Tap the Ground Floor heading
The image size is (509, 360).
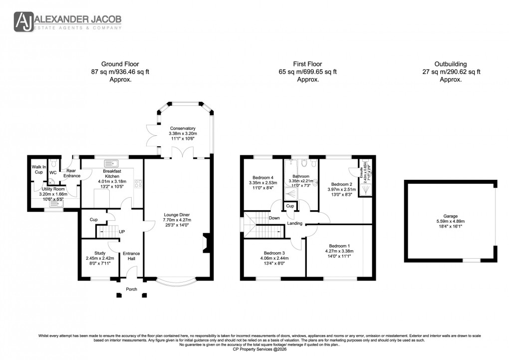tap(120, 64)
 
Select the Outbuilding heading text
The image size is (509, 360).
tap(450, 64)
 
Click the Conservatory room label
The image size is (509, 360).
tap(183, 128)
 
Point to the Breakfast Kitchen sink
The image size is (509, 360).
tap(111, 163)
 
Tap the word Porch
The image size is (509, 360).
tap(131, 289)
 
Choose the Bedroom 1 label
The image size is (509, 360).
tap(339, 245)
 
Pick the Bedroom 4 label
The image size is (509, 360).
tap(262, 177)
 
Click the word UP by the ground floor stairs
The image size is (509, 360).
tap(122, 232)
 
